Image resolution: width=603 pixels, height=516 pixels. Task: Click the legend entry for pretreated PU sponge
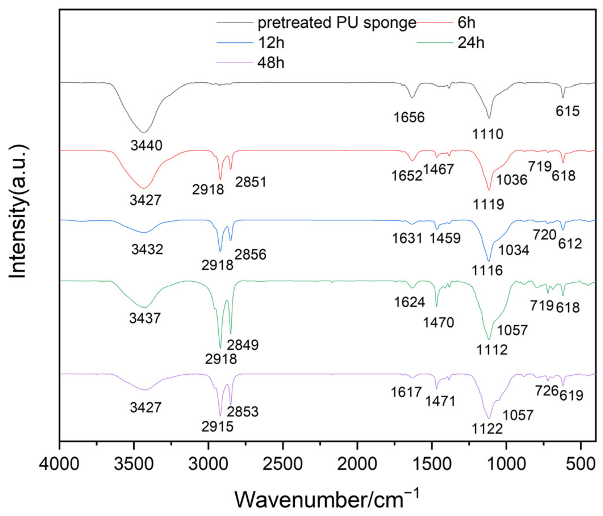click(x=337, y=23)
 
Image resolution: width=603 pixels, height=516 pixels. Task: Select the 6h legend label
click(x=466, y=23)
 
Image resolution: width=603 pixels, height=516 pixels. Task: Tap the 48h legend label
click(x=271, y=63)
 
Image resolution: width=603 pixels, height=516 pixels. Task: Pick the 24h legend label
click(x=471, y=43)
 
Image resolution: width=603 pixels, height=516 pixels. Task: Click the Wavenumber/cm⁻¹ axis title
click(x=326, y=500)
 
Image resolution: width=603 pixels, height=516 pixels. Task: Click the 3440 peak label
click(x=146, y=145)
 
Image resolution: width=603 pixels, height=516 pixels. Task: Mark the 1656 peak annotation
click(x=409, y=117)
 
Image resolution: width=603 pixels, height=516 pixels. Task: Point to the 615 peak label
click(x=568, y=111)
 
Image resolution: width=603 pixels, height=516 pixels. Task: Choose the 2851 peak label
click(x=251, y=182)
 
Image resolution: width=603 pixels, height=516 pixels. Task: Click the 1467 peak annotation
click(x=439, y=169)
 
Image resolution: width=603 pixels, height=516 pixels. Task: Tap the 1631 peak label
click(x=407, y=238)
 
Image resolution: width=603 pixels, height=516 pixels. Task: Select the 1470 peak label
click(x=438, y=322)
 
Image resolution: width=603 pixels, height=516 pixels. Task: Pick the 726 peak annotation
click(x=547, y=391)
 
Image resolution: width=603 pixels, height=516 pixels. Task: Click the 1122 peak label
click(x=487, y=429)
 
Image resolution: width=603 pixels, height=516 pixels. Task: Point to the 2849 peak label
click(x=243, y=345)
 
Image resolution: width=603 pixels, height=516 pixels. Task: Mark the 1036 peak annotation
click(x=512, y=180)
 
